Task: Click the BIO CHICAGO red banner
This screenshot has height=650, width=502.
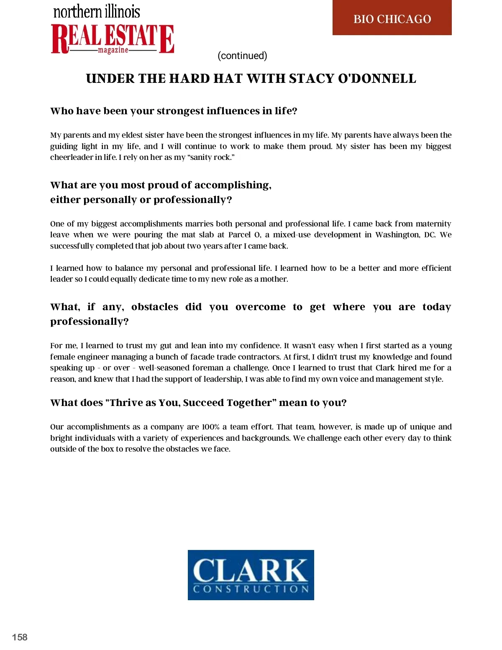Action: pyautogui.click(x=392, y=18)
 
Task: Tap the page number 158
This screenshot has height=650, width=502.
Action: pyautogui.click(x=20, y=637)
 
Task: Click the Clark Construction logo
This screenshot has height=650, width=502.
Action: pyautogui.click(x=251, y=575)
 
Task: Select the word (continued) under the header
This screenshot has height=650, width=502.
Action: pyautogui.click(x=242, y=56)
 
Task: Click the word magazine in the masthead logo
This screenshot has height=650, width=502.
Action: pyautogui.click(x=113, y=50)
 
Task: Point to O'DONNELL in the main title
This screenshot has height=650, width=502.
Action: pyautogui.click(x=376, y=79)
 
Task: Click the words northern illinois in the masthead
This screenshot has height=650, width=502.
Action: pyautogui.click(x=97, y=11)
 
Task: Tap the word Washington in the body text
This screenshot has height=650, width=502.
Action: pyautogui.click(x=397, y=235)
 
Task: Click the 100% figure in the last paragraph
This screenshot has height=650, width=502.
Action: pyautogui.click(x=211, y=427)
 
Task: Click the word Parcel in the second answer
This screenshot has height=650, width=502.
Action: pyautogui.click(x=239, y=235)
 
